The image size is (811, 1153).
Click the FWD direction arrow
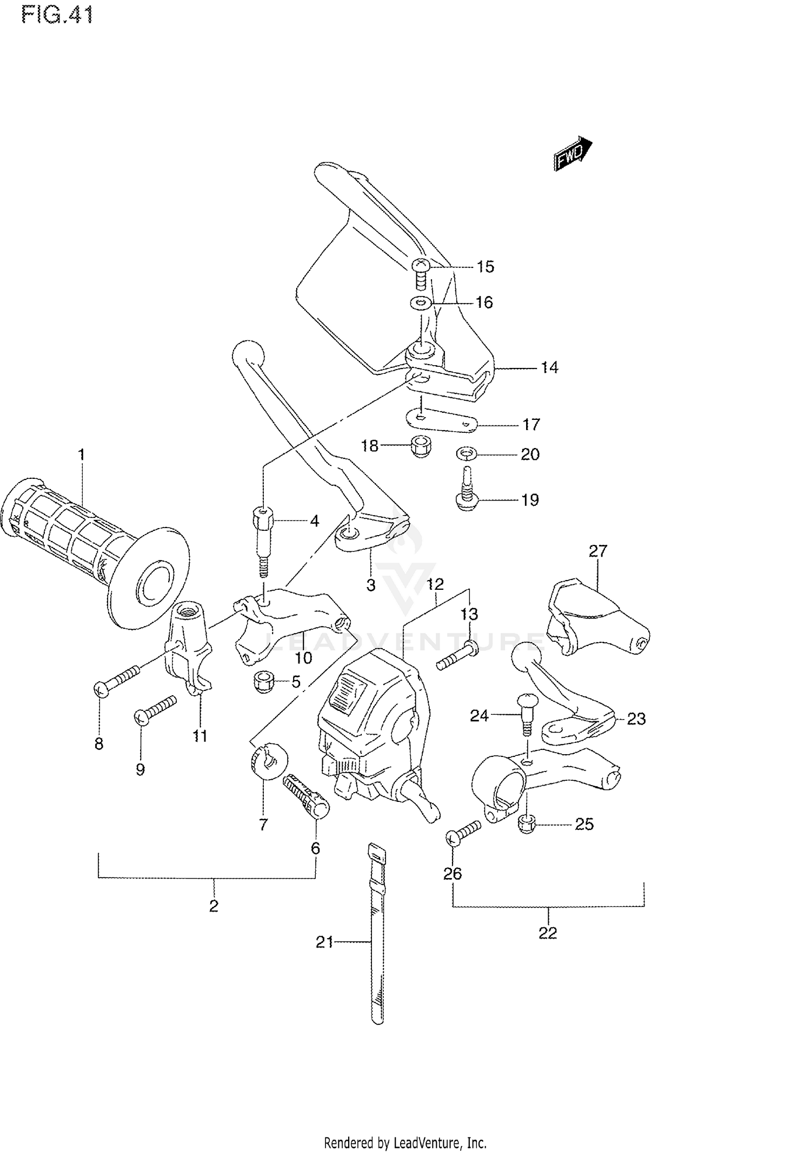pos(572,153)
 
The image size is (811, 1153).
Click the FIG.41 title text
pos(57,15)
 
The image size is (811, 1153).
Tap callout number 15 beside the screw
pos(485,267)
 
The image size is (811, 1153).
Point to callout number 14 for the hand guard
pos(549,368)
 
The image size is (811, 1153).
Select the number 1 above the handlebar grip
pos(81,454)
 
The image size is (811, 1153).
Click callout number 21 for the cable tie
pos(324,943)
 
